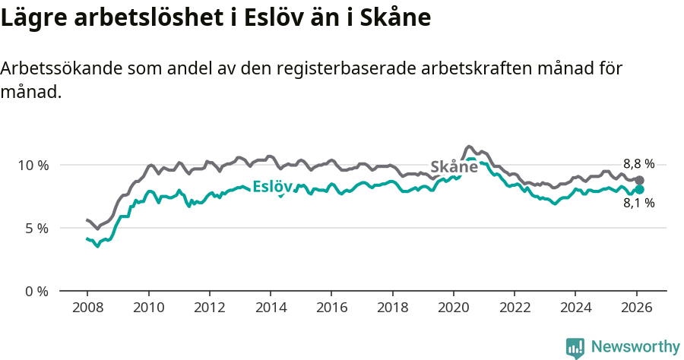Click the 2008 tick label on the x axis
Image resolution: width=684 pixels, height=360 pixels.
(x=87, y=308)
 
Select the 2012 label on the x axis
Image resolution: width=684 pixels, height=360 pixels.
(x=209, y=308)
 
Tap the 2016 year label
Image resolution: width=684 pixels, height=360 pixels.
(x=331, y=308)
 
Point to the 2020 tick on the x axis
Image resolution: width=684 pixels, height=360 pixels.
(x=453, y=308)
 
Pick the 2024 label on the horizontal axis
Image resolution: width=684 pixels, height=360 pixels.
(x=575, y=308)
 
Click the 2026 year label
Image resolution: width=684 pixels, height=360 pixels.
(x=635, y=308)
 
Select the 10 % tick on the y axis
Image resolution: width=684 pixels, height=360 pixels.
(x=33, y=165)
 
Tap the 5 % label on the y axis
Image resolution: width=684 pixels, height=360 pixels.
(x=36, y=228)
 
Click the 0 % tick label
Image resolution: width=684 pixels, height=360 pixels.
(x=36, y=291)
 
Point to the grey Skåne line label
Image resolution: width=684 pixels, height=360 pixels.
(x=454, y=167)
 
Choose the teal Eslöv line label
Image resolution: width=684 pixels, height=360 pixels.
(x=272, y=187)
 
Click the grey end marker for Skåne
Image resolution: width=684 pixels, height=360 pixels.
(x=639, y=180)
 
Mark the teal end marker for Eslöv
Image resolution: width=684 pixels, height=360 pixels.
(x=639, y=189)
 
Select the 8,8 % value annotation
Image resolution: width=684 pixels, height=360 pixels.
(x=638, y=164)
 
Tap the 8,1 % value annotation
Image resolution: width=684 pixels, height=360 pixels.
(x=638, y=204)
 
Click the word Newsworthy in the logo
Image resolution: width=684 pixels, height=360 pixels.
(x=635, y=347)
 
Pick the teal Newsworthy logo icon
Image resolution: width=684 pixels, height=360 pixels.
(x=575, y=347)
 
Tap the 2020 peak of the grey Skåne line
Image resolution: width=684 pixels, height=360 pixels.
(x=469, y=146)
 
